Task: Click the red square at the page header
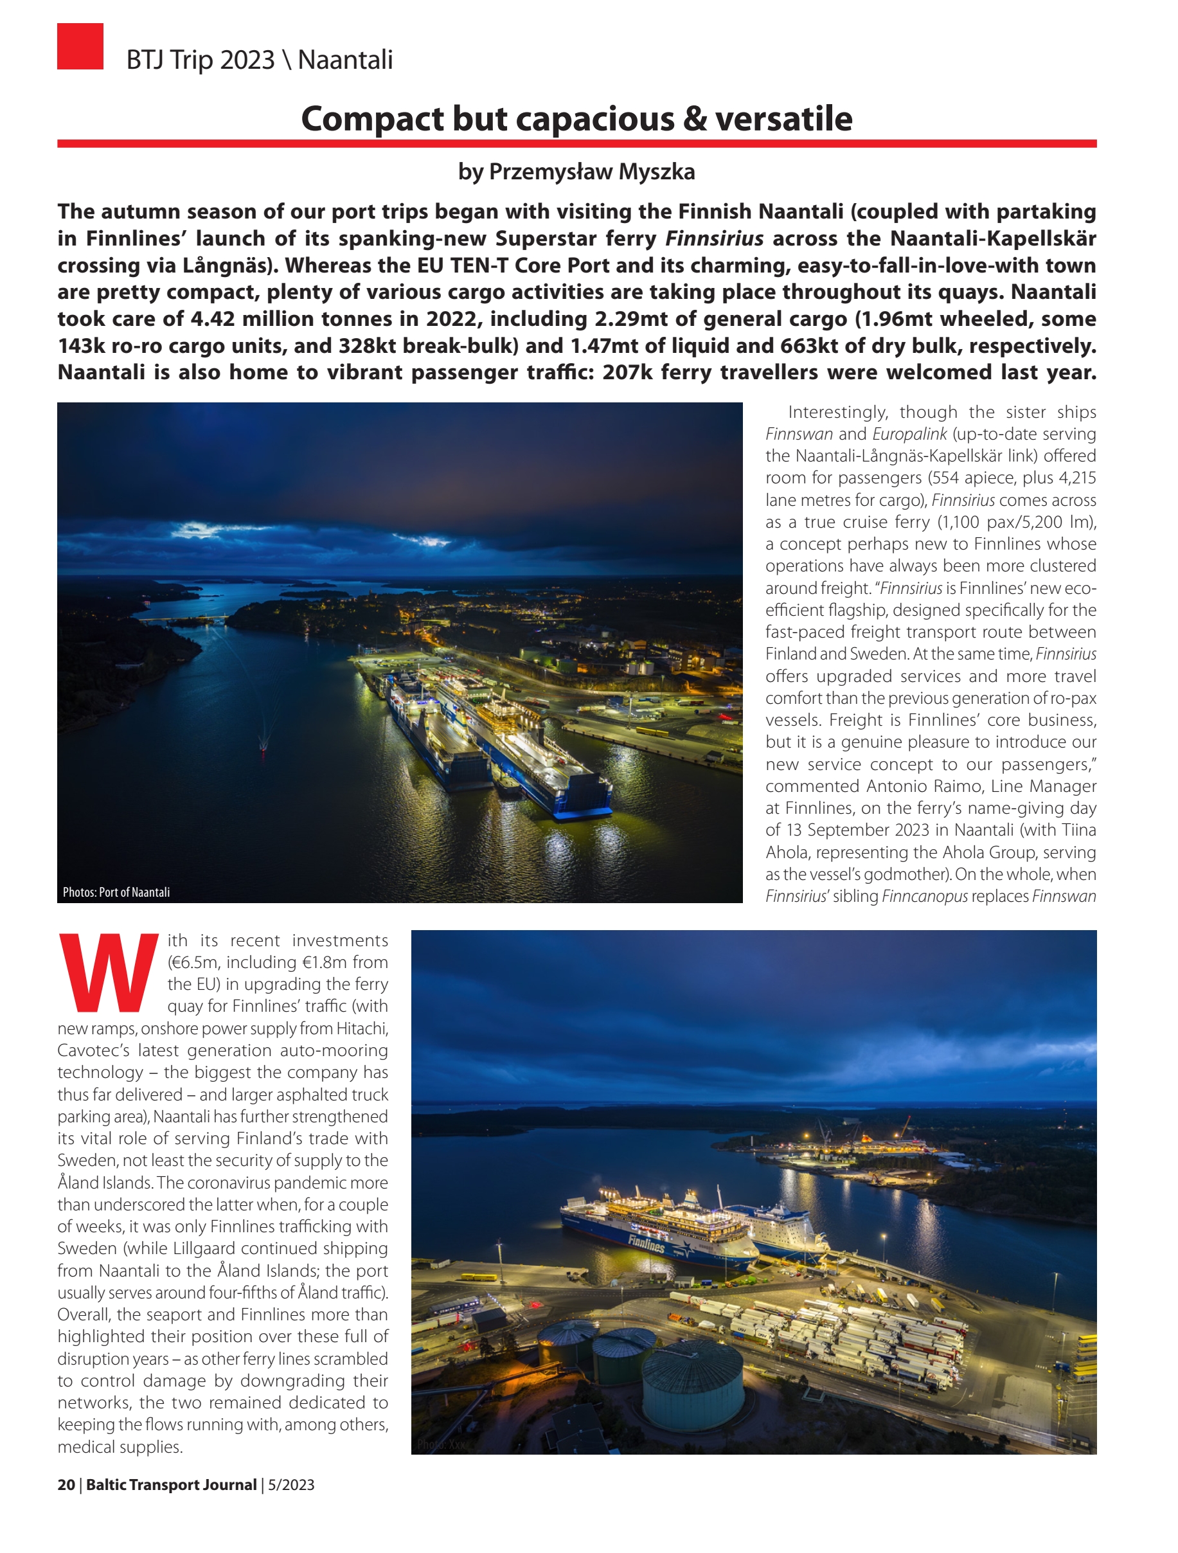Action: click(80, 46)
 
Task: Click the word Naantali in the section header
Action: click(344, 60)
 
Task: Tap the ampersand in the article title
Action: click(694, 119)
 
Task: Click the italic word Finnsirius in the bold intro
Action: click(714, 238)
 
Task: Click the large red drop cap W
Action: click(109, 973)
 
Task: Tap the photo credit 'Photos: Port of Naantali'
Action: click(116, 892)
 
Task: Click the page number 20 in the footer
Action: click(66, 1484)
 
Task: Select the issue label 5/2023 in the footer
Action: click(290, 1484)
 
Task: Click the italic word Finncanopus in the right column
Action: click(925, 897)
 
